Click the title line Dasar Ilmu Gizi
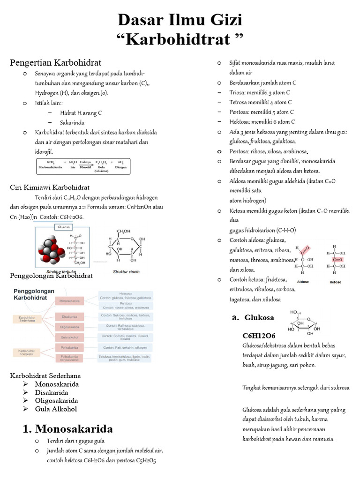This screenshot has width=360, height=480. [180, 20]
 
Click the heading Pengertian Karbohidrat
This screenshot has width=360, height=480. [56, 62]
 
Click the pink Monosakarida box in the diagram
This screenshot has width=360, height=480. [70, 300]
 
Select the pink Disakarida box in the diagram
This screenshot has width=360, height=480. [70, 316]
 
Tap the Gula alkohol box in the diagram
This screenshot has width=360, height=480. [70, 337]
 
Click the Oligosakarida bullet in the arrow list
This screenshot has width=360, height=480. [56, 401]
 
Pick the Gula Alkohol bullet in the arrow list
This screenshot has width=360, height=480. [56, 409]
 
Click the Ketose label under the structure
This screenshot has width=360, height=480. [335, 282]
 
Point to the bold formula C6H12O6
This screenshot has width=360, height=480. [259, 336]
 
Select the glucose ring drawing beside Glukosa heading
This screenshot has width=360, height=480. [305, 322]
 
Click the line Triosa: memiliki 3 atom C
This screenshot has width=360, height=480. [260, 92]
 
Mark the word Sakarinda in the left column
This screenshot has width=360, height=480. [72, 122]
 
